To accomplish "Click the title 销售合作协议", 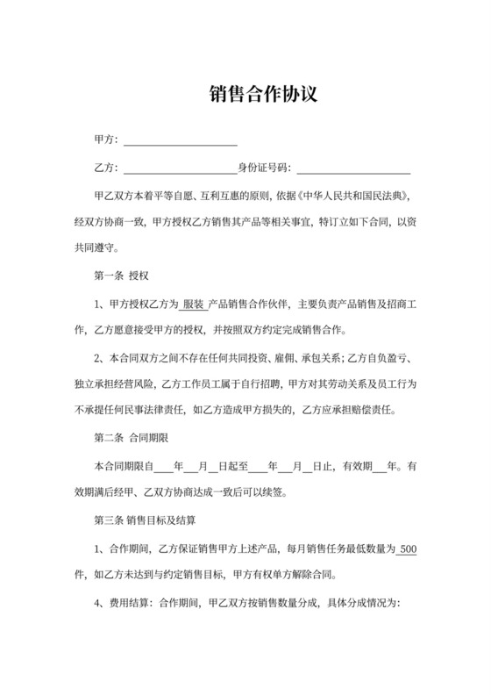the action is pos(245,94).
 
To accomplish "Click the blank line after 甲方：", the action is pos(181,140).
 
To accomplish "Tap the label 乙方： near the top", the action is pos(106,167).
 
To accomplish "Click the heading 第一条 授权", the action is pos(121,275).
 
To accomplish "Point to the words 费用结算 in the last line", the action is pos(132,605).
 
